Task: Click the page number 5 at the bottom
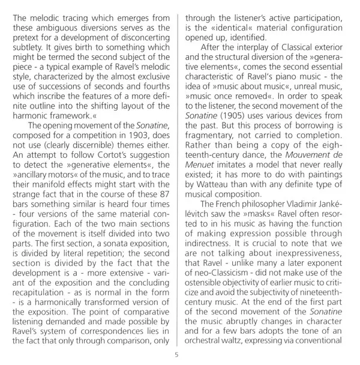click(176, 354)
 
